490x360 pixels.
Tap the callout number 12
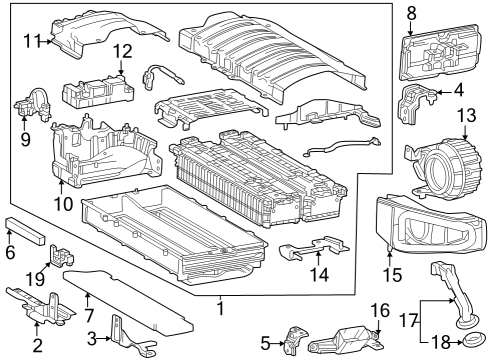[121, 51]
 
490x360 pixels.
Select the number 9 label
[25, 139]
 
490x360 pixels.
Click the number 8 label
[412, 12]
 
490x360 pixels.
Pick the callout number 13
[466, 117]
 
